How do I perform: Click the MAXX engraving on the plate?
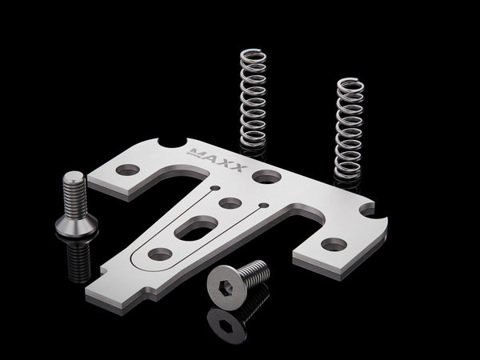[218, 160]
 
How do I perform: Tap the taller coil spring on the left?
[253, 98]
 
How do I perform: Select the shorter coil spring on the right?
[350, 129]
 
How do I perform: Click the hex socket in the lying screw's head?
[226, 289]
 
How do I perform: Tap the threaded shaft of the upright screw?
[74, 196]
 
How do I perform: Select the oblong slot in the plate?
[196, 228]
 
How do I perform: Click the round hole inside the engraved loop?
[160, 254]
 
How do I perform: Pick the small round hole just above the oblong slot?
[230, 203]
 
